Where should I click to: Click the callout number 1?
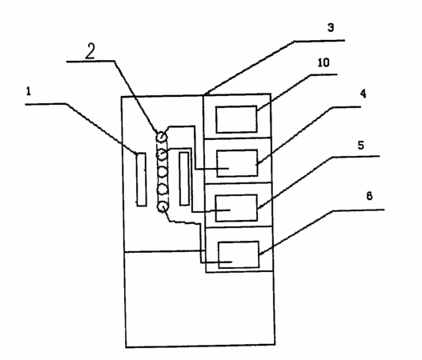29,91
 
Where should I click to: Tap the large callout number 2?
90,51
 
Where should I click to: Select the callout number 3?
331,27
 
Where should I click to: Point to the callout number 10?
324,62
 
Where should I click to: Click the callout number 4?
363,94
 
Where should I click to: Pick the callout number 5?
361,145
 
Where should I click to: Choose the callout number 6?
369,196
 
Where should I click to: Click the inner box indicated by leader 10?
236,119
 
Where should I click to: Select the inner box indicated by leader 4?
237,163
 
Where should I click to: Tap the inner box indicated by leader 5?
236,208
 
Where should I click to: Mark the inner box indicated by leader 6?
239,254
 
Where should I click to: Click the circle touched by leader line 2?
162,137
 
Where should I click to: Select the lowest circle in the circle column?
163,207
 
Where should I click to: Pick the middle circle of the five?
162,172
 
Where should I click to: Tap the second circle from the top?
162,155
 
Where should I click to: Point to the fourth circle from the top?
163,190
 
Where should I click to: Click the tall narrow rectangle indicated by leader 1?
141,179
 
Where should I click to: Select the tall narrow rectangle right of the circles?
184,178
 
